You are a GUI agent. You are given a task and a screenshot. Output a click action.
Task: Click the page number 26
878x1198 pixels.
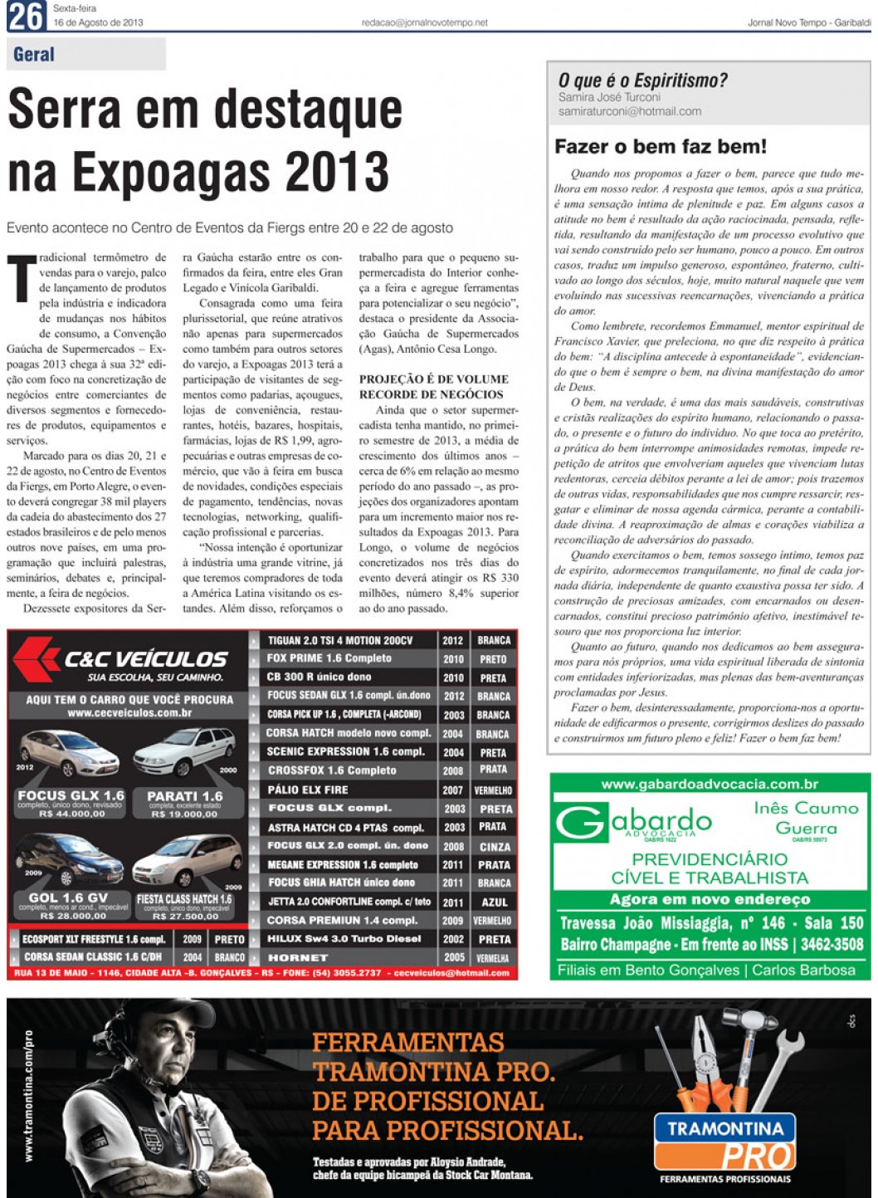click(x=26, y=17)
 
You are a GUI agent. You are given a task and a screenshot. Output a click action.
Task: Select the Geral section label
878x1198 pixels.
click(x=34, y=55)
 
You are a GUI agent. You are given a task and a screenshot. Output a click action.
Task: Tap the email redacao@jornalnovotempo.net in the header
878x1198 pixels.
click(x=424, y=23)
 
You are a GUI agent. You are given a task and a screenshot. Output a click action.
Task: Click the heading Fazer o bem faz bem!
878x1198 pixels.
click(x=660, y=147)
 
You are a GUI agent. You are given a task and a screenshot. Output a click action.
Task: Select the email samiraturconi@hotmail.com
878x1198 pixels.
click(x=629, y=111)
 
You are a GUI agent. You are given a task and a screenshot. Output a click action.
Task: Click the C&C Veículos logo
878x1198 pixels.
click(x=124, y=659)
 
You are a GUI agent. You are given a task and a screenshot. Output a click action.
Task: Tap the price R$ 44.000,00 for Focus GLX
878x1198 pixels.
click(x=72, y=814)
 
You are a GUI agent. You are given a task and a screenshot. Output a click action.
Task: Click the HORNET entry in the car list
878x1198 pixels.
click(x=298, y=957)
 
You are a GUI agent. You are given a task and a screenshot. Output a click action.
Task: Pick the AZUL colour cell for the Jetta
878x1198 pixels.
click(x=494, y=902)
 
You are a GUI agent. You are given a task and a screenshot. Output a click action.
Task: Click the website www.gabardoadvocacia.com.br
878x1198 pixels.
click(x=710, y=784)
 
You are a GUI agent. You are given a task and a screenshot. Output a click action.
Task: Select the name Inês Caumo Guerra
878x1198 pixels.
click(x=805, y=818)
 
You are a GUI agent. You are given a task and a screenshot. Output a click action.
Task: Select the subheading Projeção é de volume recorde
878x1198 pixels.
click(x=433, y=386)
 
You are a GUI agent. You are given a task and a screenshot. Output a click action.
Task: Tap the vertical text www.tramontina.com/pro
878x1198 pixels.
click(x=29, y=1096)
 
